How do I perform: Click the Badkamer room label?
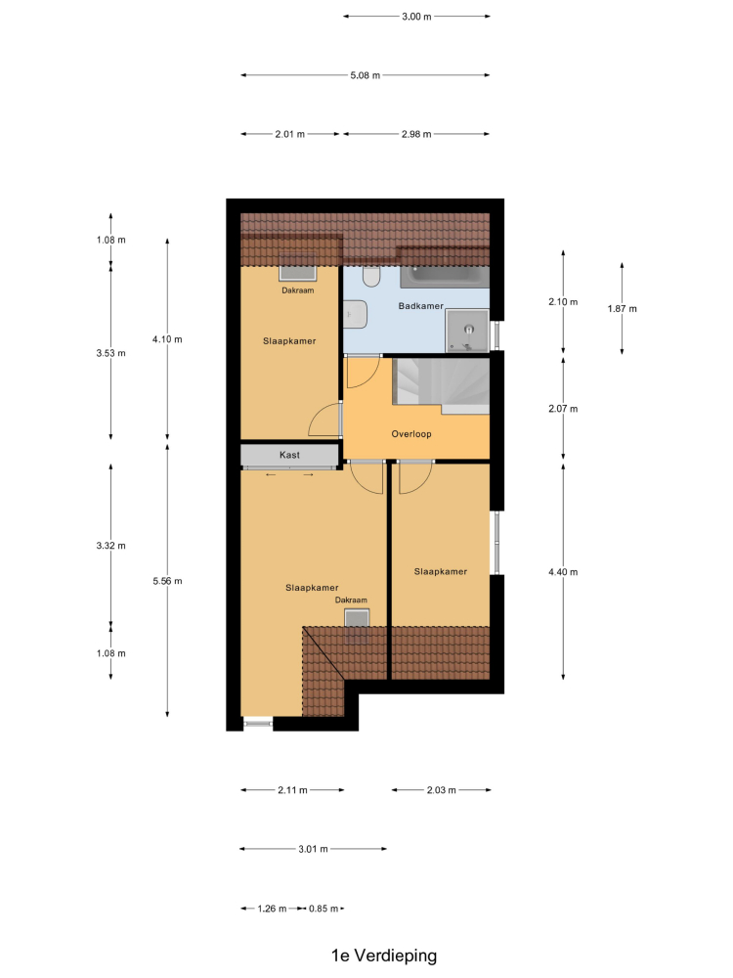(420, 305)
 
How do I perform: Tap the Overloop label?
(411, 434)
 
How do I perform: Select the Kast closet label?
(289, 455)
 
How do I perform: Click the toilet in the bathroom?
(371, 277)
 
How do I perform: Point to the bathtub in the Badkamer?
(445, 277)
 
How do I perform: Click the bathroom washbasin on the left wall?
(355, 314)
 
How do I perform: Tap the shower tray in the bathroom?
(467, 331)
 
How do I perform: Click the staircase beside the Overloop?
(441, 385)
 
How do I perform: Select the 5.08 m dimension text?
(365, 75)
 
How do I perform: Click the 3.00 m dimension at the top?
(416, 17)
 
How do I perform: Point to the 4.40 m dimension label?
(563, 572)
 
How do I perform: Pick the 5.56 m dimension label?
(167, 581)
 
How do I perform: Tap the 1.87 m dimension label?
(622, 309)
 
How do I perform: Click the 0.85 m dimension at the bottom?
(323, 909)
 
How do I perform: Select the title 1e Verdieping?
(384, 956)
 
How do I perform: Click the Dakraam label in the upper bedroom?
(298, 290)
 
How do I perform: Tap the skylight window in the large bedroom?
(357, 626)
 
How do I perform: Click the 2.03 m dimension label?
(442, 790)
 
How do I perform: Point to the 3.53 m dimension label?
(111, 353)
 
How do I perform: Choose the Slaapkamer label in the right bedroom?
(441, 571)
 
